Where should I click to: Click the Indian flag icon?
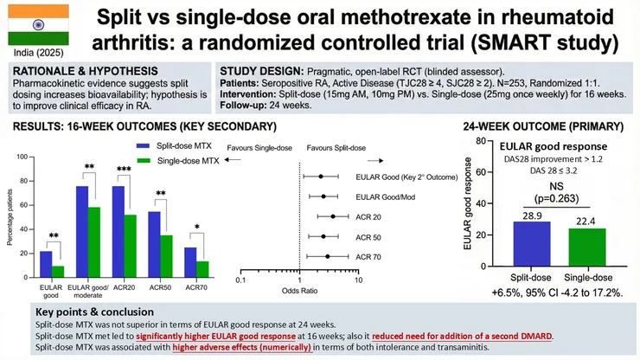click(x=32, y=29)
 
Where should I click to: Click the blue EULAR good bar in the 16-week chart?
click(x=46, y=260)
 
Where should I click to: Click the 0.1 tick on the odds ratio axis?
click(x=240, y=280)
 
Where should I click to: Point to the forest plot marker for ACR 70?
click(x=328, y=256)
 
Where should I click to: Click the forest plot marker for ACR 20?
click(x=333, y=216)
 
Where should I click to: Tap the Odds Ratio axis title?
click(x=298, y=292)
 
